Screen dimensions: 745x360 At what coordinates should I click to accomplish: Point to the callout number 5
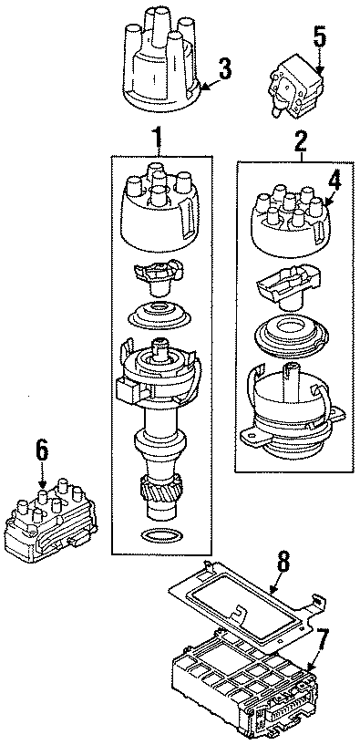click(x=318, y=37)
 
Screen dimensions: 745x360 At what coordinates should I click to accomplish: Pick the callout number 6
click(x=41, y=449)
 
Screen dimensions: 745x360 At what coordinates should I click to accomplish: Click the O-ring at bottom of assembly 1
click(x=161, y=534)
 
